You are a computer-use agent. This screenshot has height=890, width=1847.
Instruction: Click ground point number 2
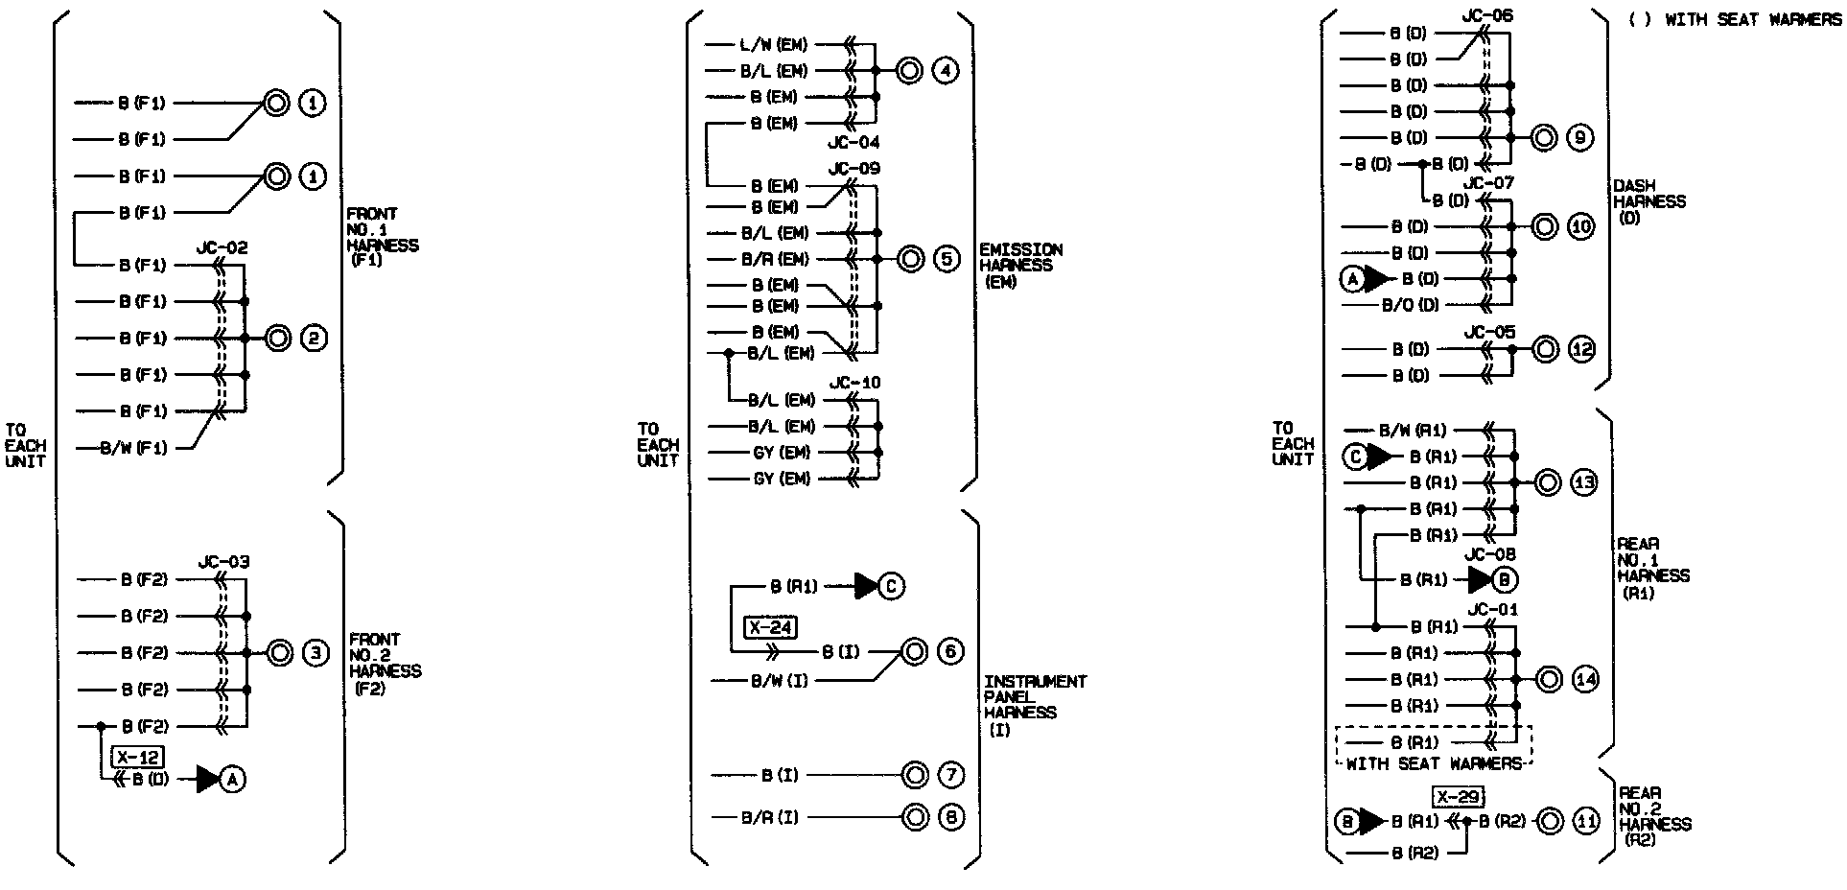pyautogui.click(x=315, y=339)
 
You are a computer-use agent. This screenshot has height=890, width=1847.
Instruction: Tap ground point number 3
pyautogui.click(x=316, y=653)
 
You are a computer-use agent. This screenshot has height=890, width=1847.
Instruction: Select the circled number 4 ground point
pyautogui.click(x=946, y=71)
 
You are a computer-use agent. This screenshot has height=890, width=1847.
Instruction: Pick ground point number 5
pyautogui.click(x=946, y=259)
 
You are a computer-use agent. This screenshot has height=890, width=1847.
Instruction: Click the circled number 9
pyautogui.click(x=1580, y=138)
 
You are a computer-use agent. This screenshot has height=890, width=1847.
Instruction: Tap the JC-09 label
pyautogui.click(x=854, y=169)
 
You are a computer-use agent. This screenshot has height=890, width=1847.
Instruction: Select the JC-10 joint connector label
pyautogui.click(x=855, y=383)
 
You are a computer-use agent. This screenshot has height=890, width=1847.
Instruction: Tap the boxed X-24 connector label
pyautogui.click(x=770, y=628)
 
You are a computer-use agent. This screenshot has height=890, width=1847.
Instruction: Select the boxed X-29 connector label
pyautogui.click(x=1459, y=797)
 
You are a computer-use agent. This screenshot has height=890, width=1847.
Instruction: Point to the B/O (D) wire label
pyautogui.click(x=1411, y=305)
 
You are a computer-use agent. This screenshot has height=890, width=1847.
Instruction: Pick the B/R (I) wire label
pyautogui.click(x=769, y=817)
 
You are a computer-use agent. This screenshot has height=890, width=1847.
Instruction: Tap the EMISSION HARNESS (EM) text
pyautogui.click(x=1019, y=266)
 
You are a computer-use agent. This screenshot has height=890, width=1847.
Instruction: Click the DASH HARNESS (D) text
pyautogui.click(x=1648, y=201)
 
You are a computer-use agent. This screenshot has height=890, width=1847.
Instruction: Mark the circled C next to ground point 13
pyautogui.click(x=1355, y=457)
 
